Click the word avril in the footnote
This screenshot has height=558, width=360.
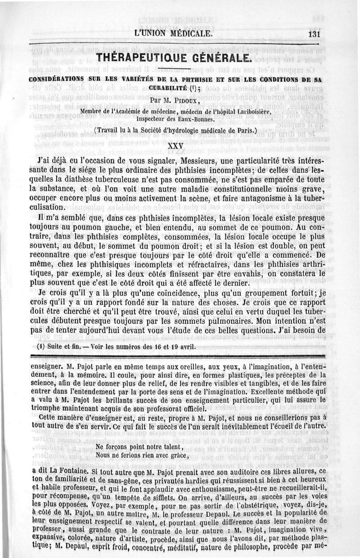pos(174,347)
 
